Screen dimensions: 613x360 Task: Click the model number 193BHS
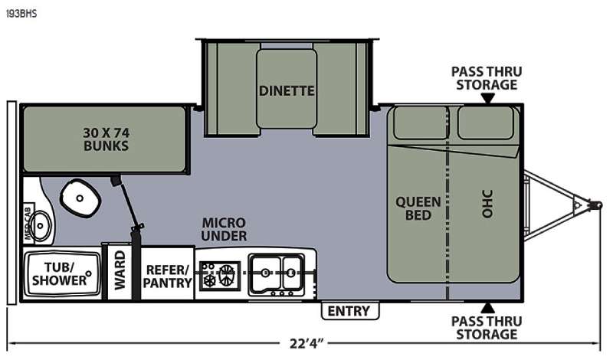click(21, 14)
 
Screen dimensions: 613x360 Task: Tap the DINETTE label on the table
click(287, 91)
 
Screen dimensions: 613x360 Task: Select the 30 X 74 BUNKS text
click(106, 139)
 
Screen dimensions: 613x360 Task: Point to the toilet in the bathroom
click(80, 198)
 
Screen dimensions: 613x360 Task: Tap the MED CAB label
click(28, 221)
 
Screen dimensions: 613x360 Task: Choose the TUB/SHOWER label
click(60, 273)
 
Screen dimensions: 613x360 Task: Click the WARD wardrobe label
click(120, 270)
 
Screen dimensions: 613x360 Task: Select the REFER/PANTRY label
click(167, 277)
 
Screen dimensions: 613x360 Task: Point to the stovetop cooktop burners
click(219, 276)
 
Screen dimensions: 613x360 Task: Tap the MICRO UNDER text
click(224, 230)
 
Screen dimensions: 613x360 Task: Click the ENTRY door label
click(349, 311)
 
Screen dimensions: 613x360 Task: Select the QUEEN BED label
click(418, 208)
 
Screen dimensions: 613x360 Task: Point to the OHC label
click(487, 204)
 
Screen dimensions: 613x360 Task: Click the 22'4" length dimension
click(307, 344)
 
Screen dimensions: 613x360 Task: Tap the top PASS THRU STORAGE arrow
click(487, 98)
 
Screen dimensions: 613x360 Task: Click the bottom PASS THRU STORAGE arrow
click(487, 308)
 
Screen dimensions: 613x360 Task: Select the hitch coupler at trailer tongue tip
click(596, 205)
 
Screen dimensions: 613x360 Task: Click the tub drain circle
click(89, 273)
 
